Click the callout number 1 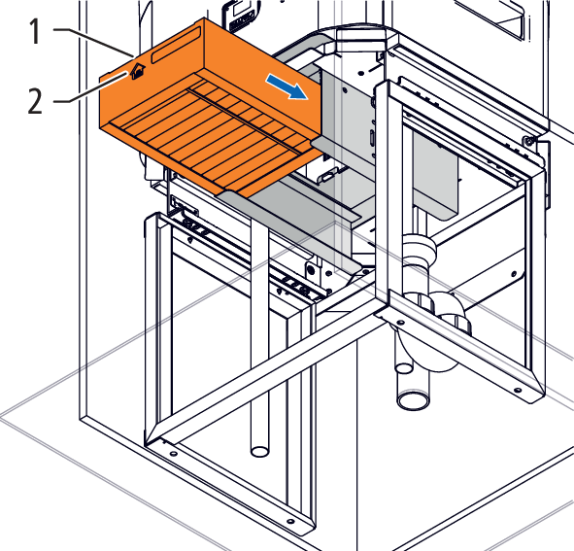[x=35, y=32]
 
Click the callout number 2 [x=35, y=101]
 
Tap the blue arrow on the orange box [x=287, y=86]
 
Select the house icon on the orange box [x=138, y=71]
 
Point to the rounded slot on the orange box [x=176, y=47]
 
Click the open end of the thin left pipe [x=259, y=451]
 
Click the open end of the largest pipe [x=414, y=399]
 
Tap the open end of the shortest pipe [x=404, y=367]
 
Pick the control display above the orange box [x=241, y=14]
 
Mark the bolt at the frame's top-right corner [x=527, y=140]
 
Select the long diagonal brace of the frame [x=266, y=375]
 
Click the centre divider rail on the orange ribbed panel [x=249, y=121]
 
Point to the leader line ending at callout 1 [x=93, y=42]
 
